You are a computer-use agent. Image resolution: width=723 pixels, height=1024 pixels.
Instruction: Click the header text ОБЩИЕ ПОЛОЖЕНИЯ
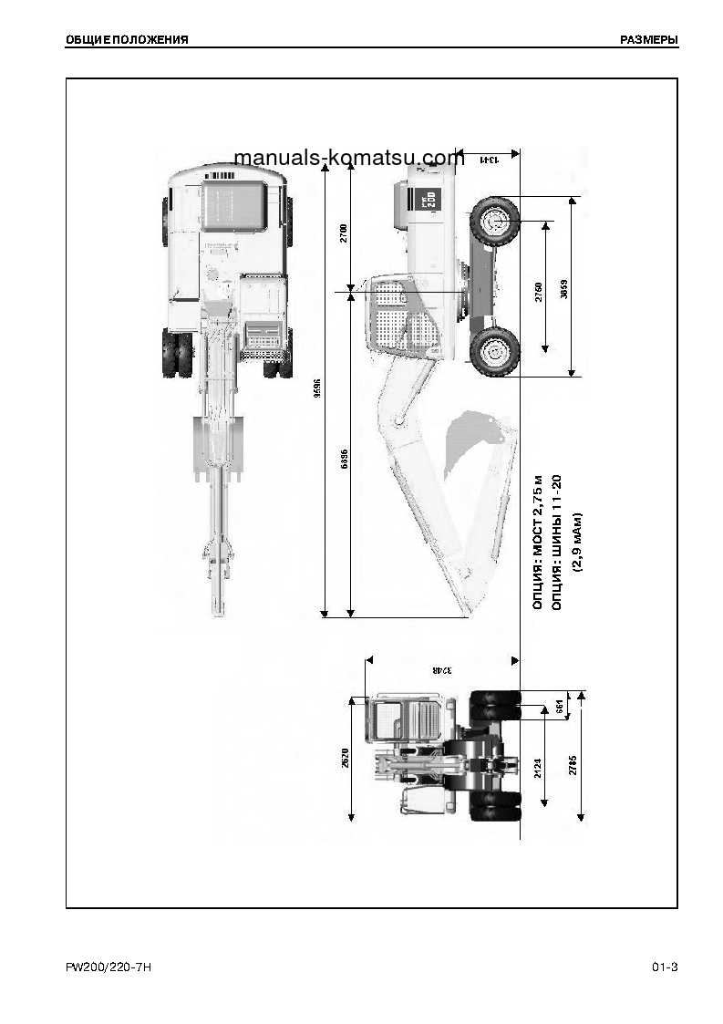[x=128, y=40]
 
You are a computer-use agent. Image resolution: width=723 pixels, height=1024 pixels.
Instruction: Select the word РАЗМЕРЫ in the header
[x=649, y=40]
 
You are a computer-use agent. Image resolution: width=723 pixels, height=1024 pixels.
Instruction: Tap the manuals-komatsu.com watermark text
[x=349, y=158]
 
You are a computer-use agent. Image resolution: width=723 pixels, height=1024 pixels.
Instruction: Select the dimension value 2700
[x=344, y=232]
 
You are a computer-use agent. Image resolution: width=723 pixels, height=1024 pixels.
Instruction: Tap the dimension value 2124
[x=538, y=768]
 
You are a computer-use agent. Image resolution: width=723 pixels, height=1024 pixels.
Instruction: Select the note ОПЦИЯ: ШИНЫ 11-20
[x=557, y=542]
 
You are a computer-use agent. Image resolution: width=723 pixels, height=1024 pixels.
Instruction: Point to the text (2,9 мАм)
[x=577, y=542]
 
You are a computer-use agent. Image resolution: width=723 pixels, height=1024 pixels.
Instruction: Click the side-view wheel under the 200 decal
[x=494, y=221]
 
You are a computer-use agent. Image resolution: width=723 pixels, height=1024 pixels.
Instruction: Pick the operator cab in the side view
[x=398, y=319]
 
